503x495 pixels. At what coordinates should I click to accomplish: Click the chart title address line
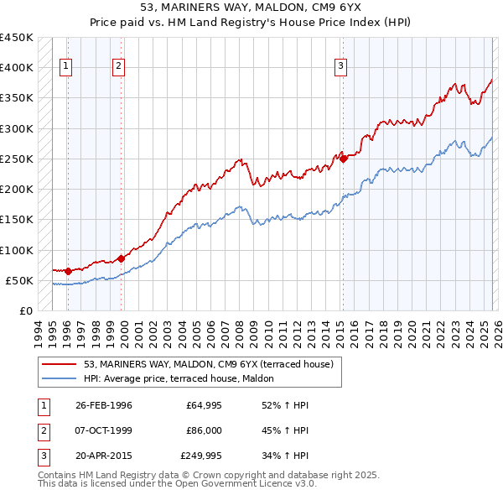tap(251, 8)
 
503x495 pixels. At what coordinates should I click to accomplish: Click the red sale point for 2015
tap(343, 158)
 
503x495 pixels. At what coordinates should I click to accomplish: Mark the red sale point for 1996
tap(68, 271)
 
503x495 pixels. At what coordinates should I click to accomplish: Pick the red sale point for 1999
tap(121, 258)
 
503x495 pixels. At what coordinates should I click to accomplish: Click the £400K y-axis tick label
tap(17, 67)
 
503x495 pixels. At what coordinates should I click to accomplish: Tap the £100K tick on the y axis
tap(17, 250)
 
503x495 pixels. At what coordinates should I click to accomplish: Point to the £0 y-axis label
tap(25, 311)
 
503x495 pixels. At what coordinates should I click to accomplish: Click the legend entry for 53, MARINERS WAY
tap(209, 364)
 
